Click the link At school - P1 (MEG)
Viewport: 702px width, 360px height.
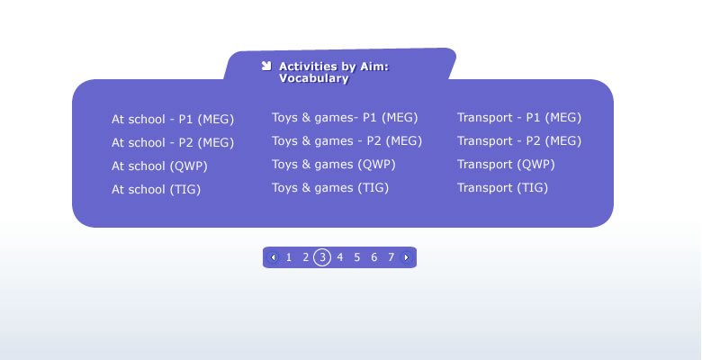(x=173, y=120)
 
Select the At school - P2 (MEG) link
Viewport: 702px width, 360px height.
(x=173, y=143)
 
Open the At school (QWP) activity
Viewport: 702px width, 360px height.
(x=159, y=166)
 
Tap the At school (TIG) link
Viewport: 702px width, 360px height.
(x=156, y=189)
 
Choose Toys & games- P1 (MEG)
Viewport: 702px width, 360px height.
(x=345, y=118)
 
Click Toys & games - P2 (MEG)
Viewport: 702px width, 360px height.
(x=347, y=141)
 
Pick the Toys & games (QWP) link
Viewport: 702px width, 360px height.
(x=334, y=165)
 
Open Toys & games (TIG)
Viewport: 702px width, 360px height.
(x=330, y=187)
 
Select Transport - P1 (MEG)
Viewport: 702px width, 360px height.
(x=519, y=118)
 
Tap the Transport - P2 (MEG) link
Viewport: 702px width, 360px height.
(x=519, y=141)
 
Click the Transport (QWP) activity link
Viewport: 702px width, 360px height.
(x=506, y=165)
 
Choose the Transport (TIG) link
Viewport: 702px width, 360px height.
(x=502, y=187)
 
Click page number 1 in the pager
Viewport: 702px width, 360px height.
(x=289, y=257)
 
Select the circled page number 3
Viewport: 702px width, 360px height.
(x=322, y=257)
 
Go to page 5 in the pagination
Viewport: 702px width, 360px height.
(x=356, y=257)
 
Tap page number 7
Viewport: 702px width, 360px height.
(x=391, y=257)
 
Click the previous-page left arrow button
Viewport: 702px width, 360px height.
(x=273, y=257)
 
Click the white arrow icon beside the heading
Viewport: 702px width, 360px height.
(x=266, y=67)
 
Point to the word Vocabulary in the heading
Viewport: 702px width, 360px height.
(x=314, y=78)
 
